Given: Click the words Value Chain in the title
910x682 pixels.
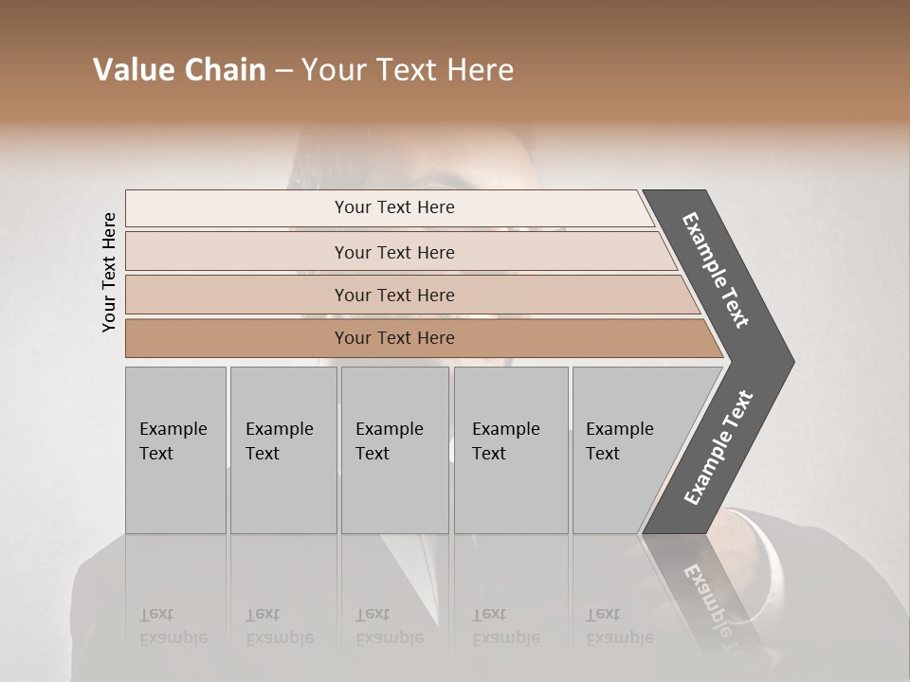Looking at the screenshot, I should (x=179, y=70).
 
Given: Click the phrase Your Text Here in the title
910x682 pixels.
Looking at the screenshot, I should (x=408, y=70).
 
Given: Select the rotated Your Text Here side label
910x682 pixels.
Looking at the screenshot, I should (x=109, y=272).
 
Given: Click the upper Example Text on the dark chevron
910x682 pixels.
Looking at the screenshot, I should (x=716, y=270).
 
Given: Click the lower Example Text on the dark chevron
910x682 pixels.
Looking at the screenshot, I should (x=719, y=448).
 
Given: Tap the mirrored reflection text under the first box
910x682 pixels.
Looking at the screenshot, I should (x=173, y=627).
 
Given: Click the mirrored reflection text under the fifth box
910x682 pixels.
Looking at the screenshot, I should (x=619, y=627).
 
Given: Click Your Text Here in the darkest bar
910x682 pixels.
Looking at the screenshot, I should (x=394, y=338).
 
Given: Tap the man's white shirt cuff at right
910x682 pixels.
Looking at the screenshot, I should (x=735, y=527).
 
